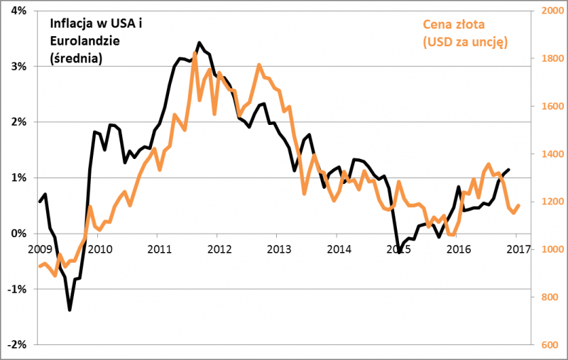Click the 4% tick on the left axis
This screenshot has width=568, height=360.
pyautogui.click(x=18, y=11)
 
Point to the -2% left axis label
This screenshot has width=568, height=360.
pyautogui.click(x=16, y=344)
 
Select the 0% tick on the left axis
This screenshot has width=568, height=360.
pyautogui.click(x=18, y=234)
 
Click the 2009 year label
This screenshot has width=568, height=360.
pyautogui.click(x=39, y=249)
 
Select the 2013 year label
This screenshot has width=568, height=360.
pyautogui.click(x=279, y=249)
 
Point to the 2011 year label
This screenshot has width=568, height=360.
pyautogui.click(x=159, y=249)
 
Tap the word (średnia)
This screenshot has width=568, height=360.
pyautogui.click(x=76, y=59)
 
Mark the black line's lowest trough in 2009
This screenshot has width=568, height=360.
pyautogui.click(x=70, y=310)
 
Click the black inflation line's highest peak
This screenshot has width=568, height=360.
pyautogui.click(x=199, y=43)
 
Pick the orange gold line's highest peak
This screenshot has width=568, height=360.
pyautogui.click(x=195, y=53)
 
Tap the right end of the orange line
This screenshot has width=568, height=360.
pyautogui.click(x=519, y=205)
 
